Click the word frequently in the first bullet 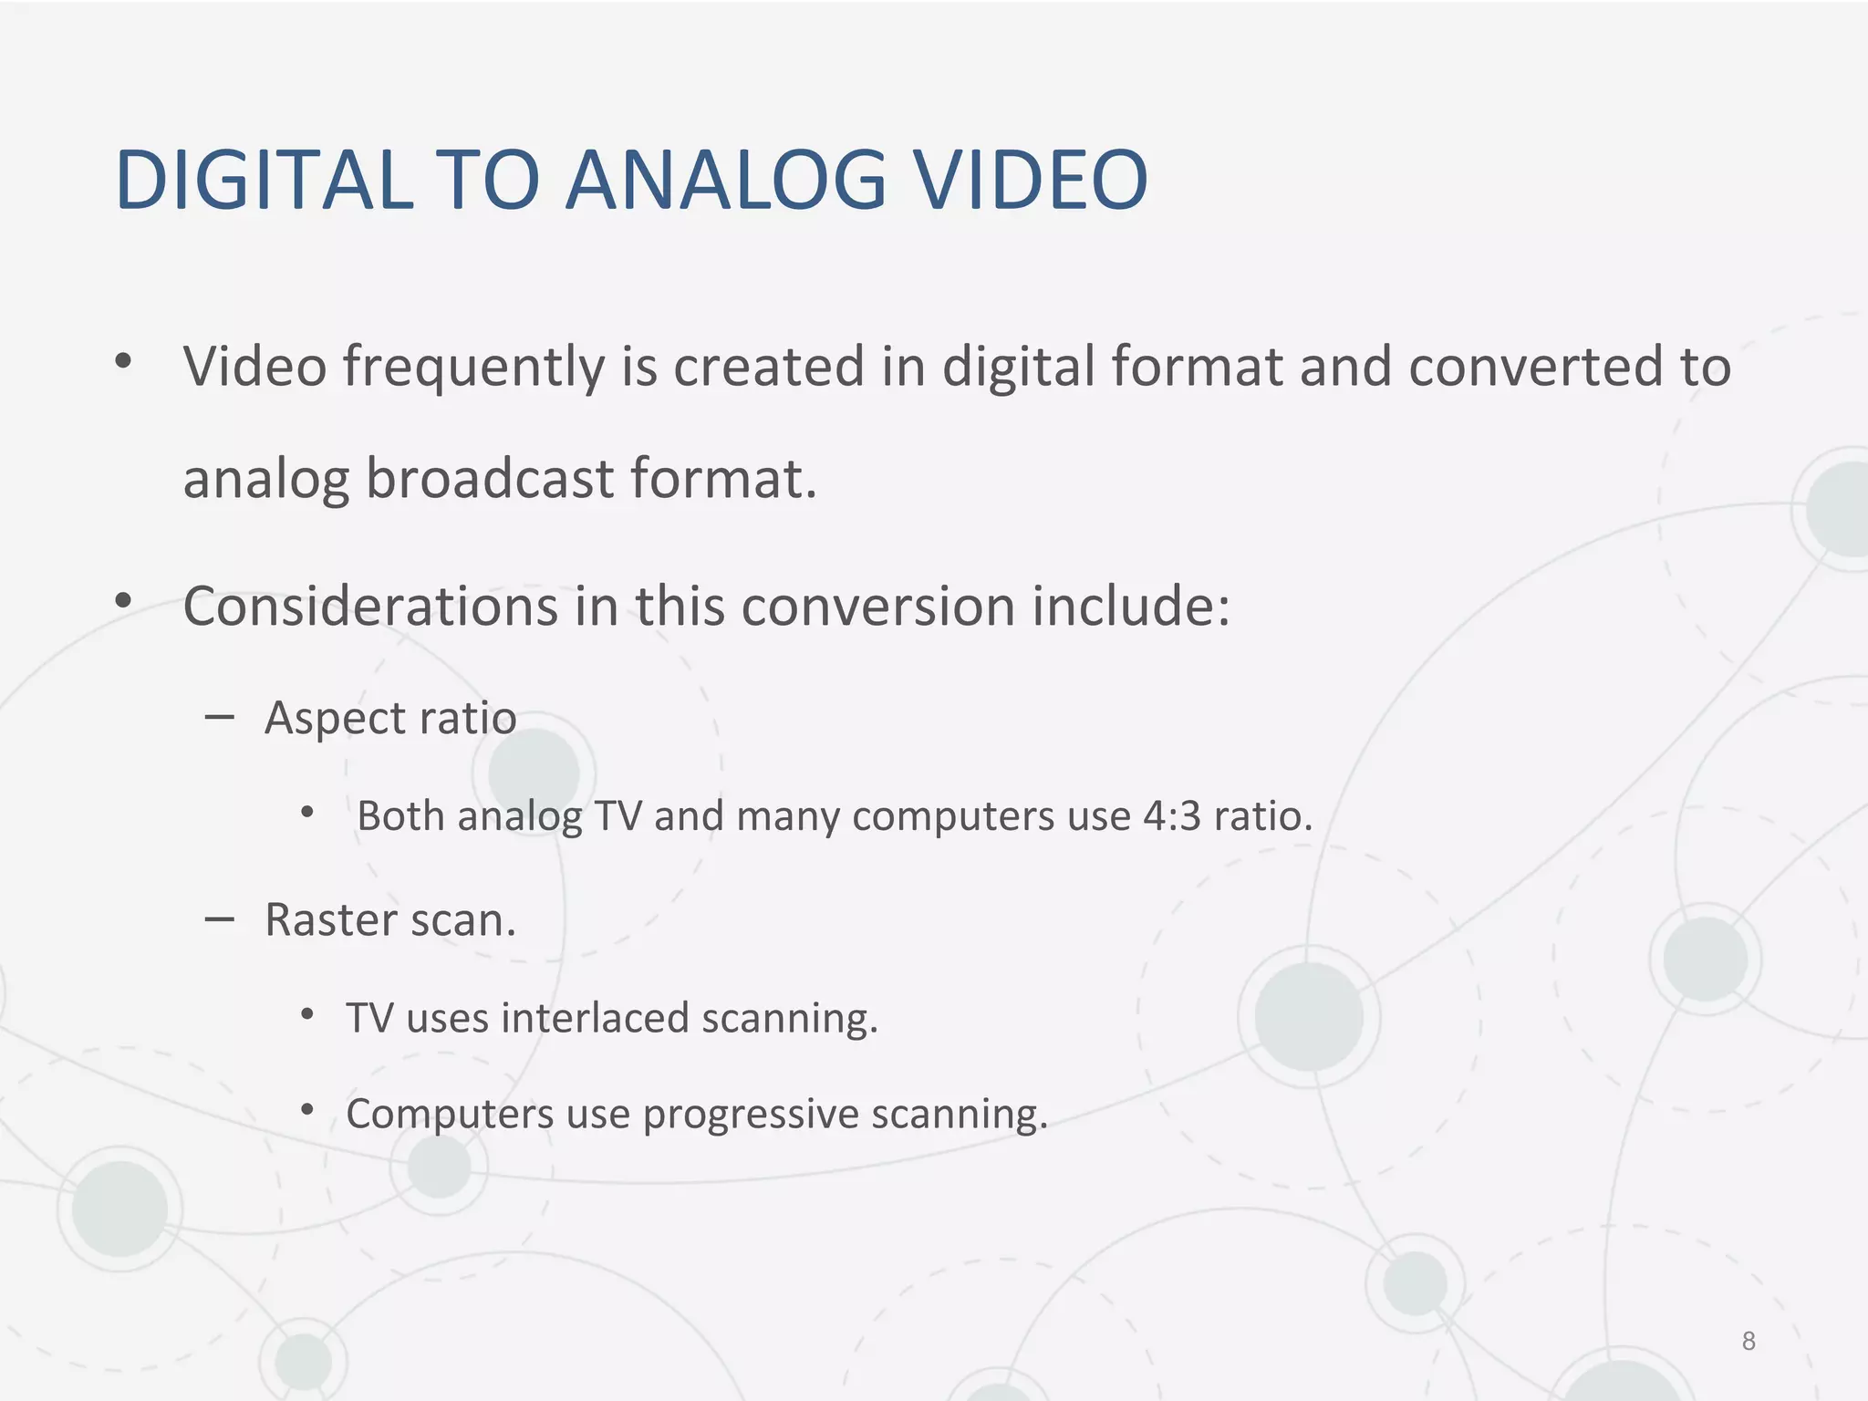(x=473, y=368)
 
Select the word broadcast (x=490, y=480)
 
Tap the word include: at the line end (x=1131, y=607)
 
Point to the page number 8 (x=1748, y=1341)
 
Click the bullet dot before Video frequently (x=123, y=362)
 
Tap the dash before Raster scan (x=219, y=919)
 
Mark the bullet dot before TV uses (x=307, y=1014)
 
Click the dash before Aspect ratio (x=219, y=718)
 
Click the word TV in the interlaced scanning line (x=369, y=1018)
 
